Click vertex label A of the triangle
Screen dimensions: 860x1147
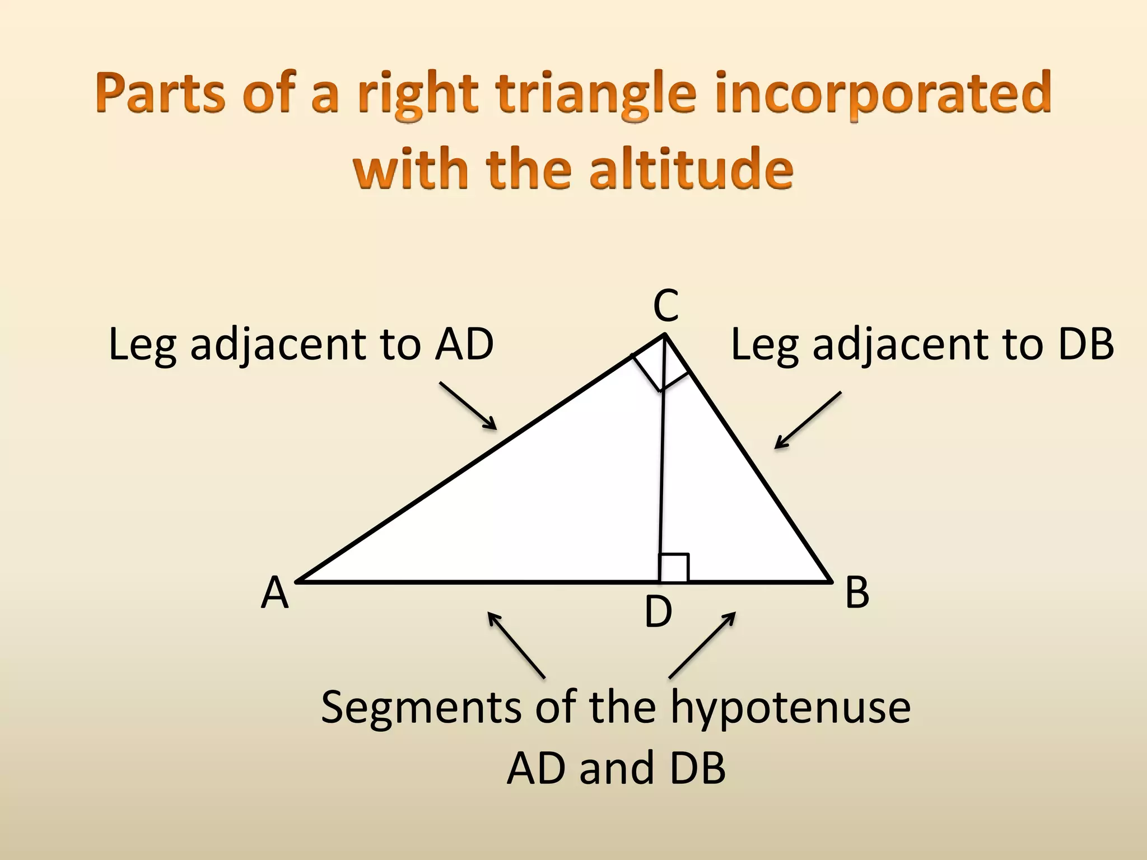(274, 593)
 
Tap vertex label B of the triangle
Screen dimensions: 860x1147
(857, 592)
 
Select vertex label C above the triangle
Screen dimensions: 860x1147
(666, 306)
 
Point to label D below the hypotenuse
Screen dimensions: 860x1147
(658, 612)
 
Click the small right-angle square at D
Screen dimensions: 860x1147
(674, 568)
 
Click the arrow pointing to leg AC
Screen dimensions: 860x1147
(468, 406)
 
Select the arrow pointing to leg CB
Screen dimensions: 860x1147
(808, 420)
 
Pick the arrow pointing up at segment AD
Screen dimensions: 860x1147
(516, 645)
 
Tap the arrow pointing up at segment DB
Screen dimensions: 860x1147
(702, 645)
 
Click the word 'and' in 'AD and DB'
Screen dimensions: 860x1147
(617, 768)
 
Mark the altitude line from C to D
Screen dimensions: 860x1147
(662, 476)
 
